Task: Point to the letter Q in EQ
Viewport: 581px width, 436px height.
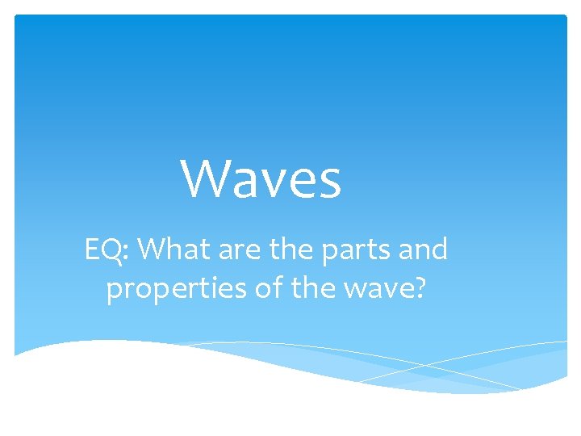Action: coord(114,251)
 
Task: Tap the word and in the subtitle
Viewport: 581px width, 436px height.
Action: coord(422,250)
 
